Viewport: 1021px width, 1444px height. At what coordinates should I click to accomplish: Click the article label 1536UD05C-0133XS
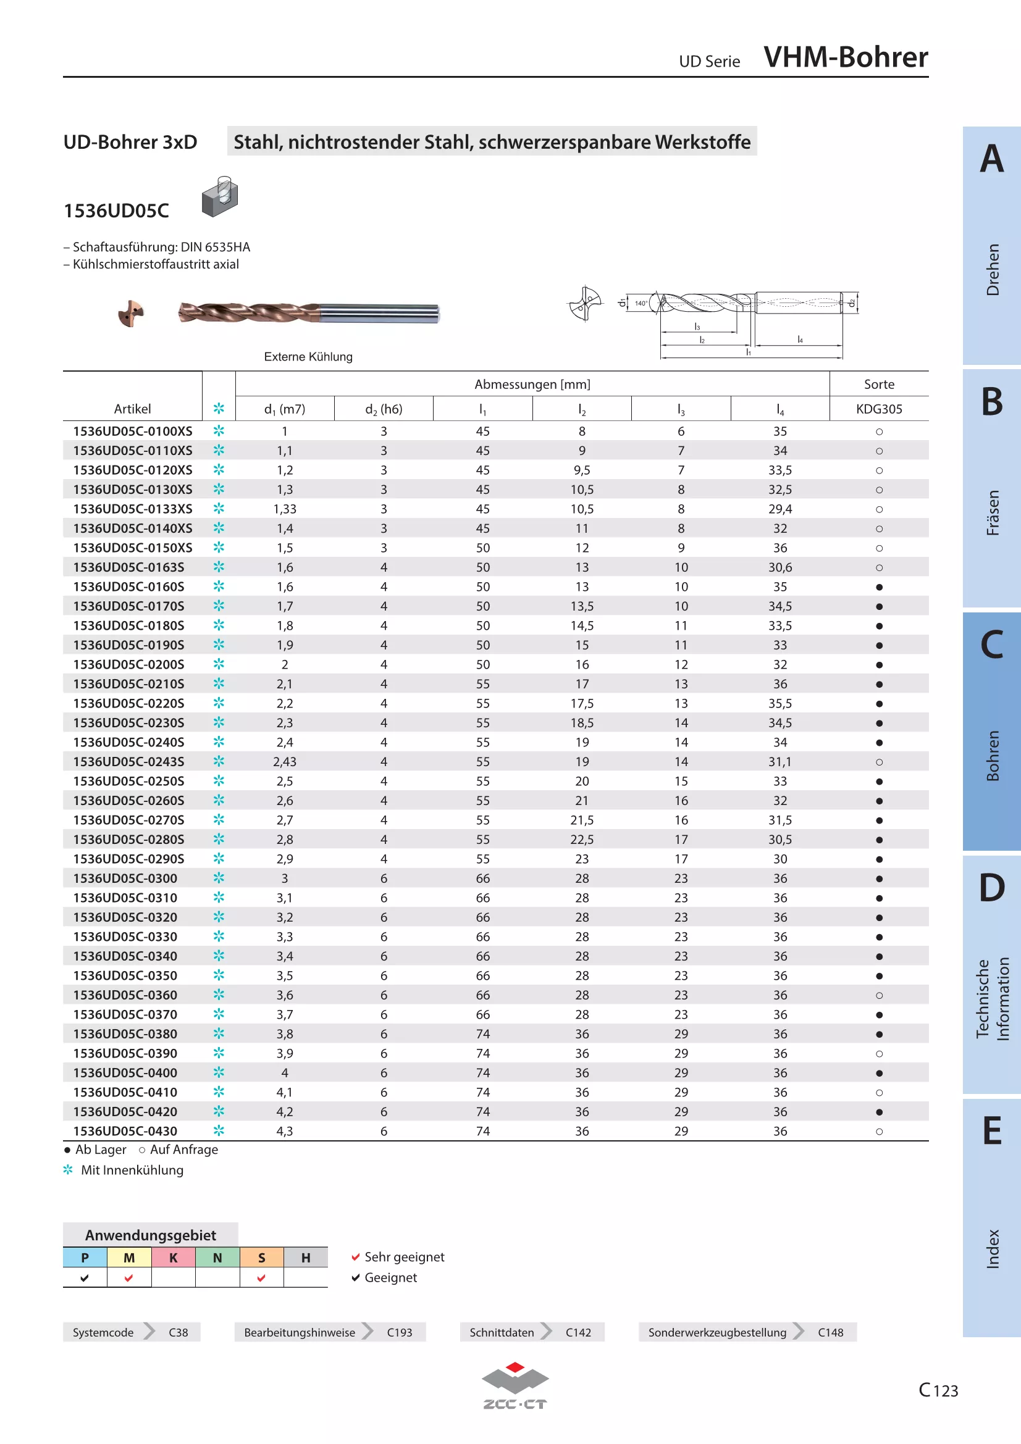click(132, 509)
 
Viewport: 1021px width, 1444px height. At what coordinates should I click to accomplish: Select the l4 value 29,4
click(779, 509)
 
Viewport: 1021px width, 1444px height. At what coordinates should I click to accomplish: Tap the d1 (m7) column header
click(284, 409)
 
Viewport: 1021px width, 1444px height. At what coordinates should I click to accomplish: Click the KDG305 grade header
click(879, 409)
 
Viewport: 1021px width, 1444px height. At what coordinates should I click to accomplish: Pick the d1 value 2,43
click(284, 762)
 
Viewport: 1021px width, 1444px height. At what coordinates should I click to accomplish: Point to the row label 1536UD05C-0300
click(125, 878)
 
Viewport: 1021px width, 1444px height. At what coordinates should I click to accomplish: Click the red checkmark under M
click(129, 1277)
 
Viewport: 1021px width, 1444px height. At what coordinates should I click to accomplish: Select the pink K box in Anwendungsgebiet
click(173, 1257)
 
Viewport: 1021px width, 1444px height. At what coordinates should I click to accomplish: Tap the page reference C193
click(400, 1332)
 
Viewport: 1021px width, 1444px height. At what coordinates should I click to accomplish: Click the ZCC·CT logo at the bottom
click(515, 1385)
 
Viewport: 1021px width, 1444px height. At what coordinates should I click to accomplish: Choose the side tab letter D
click(991, 887)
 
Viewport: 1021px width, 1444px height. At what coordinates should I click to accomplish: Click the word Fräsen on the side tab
click(992, 512)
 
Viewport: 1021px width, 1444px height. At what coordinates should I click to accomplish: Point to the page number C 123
click(938, 1390)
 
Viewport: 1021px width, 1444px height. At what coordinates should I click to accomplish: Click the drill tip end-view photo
click(131, 313)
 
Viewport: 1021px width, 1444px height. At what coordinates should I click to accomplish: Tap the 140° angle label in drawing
click(641, 303)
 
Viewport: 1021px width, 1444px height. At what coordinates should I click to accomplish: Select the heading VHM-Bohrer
click(846, 57)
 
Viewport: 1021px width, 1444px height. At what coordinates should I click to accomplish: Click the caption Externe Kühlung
click(308, 357)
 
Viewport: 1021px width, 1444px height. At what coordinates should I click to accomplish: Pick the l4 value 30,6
click(779, 567)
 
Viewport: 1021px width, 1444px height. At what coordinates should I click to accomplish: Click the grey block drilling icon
click(219, 197)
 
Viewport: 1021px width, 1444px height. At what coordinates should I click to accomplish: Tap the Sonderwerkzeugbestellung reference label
click(717, 1332)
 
